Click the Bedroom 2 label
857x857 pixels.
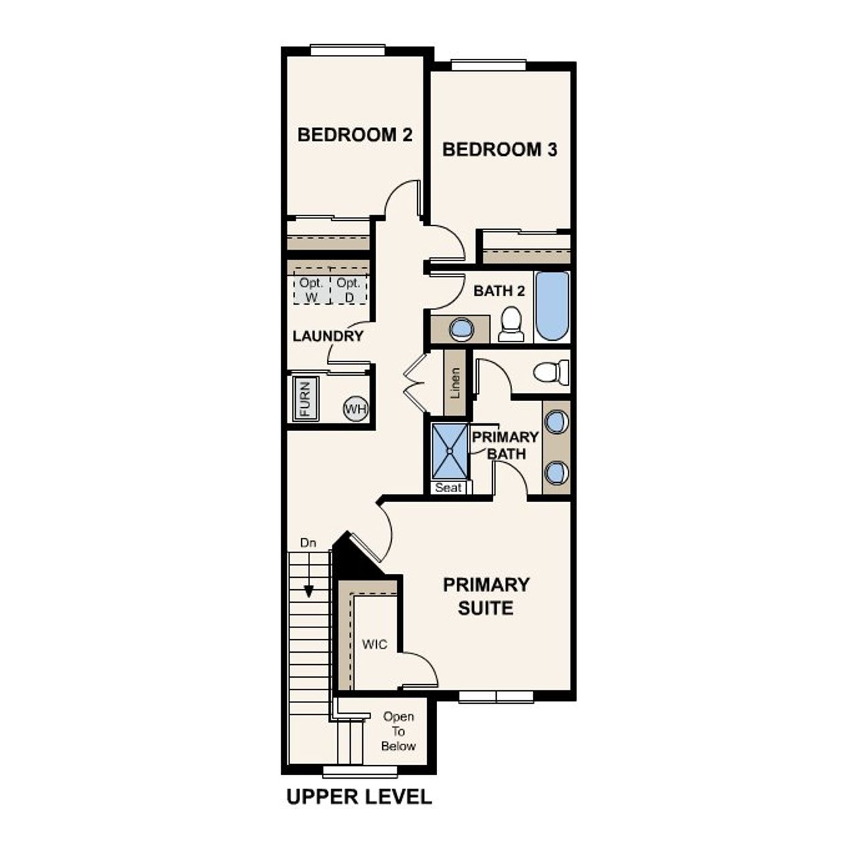click(x=355, y=135)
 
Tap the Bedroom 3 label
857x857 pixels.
click(x=499, y=149)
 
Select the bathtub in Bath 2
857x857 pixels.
click(x=552, y=306)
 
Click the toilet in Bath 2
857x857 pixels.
click(x=513, y=323)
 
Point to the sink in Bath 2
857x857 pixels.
click(x=461, y=329)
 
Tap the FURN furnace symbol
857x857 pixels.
click(x=305, y=400)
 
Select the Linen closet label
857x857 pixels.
click(x=455, y=383)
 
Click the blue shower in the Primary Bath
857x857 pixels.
click(x=449, y=451)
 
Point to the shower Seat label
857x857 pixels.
click(x=448, y=487)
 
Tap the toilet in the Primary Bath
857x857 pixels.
click(x=550, y=372)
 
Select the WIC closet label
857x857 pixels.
click(x=374, y=645)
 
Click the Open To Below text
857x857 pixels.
click(x=398, y=731)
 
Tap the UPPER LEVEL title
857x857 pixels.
click(x=359, y=797)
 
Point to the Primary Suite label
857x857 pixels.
click(x=486, y=596)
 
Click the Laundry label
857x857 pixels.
click(x=327, y=336)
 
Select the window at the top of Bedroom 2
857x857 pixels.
click(x=347, y=50)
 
